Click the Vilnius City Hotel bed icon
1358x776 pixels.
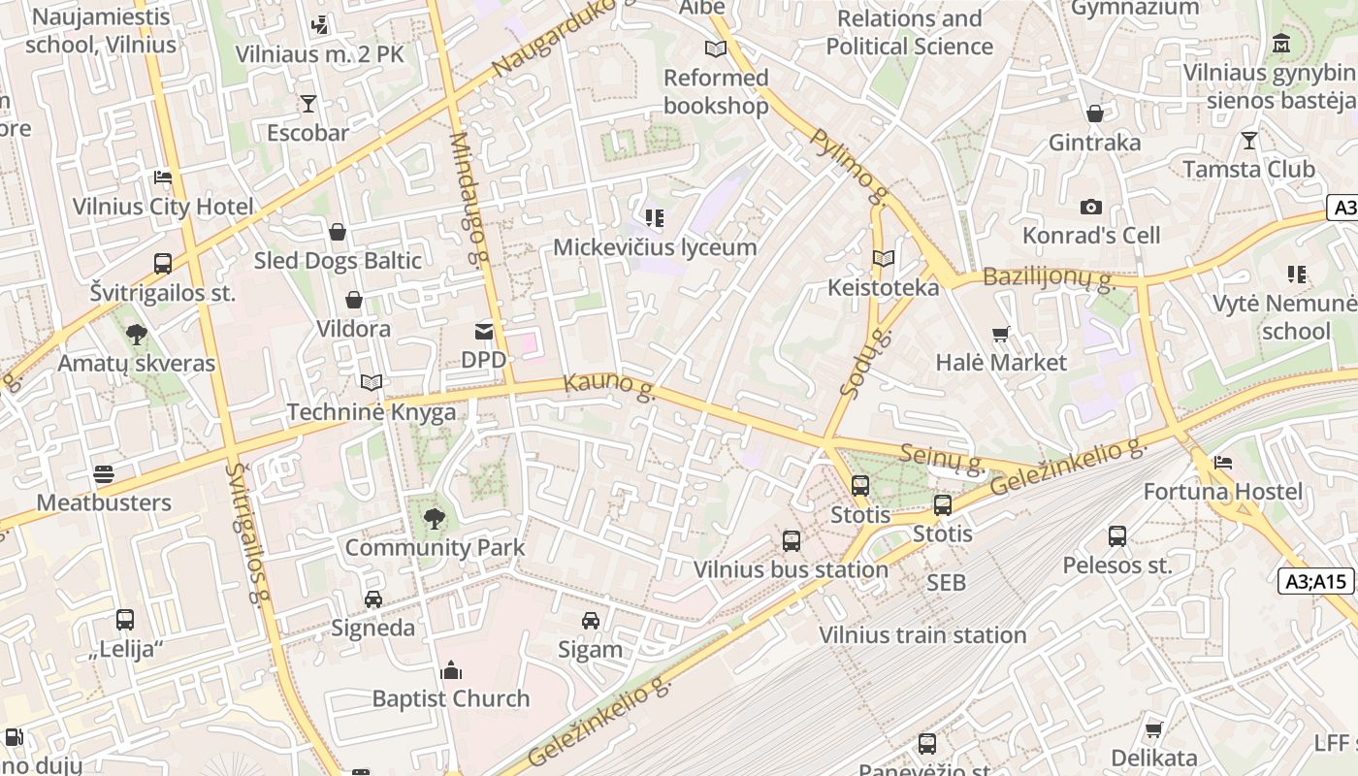click(163, 178)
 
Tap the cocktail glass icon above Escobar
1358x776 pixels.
click(308, 104)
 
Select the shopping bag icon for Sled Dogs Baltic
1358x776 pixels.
click(338, 232)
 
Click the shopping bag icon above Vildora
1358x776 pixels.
click(354, 300)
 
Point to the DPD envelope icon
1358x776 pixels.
click(483, 332)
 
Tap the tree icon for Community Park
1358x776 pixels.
click(435, 519)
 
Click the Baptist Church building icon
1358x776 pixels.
click(451, 670)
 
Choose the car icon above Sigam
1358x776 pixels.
click(590, 621)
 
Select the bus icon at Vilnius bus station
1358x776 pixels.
click(792, 541)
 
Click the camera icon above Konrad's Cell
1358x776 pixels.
click(1091, 208)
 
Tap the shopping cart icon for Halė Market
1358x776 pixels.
click(1001, 335)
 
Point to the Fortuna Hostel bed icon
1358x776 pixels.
click(1223, 463)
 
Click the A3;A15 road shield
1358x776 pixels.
click(1316, 581)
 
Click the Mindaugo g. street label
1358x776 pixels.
click(467, 199)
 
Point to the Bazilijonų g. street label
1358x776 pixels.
click(1050, 277)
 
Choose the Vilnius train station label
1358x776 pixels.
click(922, 635)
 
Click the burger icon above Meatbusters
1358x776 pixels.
click(104, 474)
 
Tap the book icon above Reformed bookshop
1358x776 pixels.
click(716, 49)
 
